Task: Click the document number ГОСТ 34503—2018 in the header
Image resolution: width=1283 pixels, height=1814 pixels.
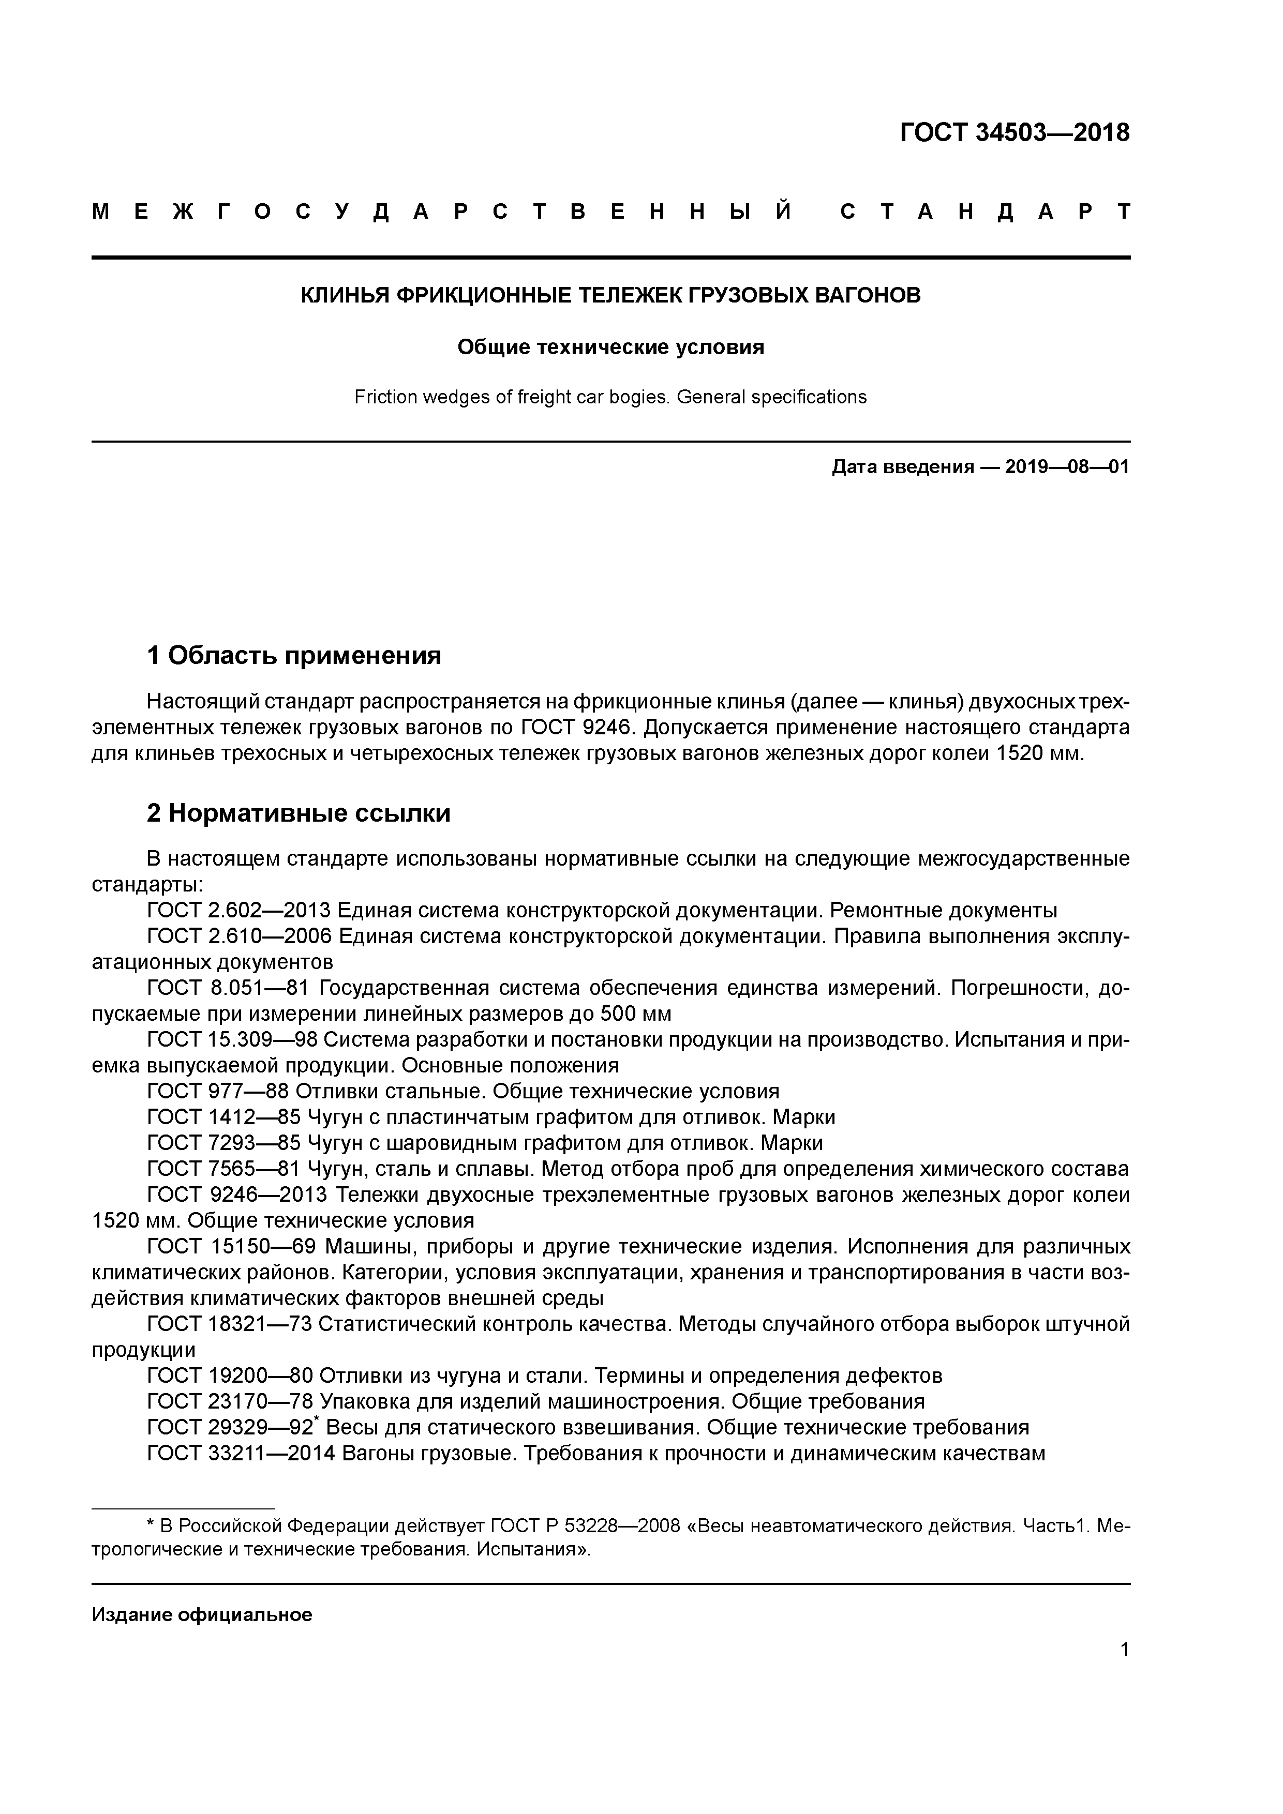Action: point(1015,133)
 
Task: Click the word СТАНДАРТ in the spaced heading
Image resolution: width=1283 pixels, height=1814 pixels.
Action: point(985,211)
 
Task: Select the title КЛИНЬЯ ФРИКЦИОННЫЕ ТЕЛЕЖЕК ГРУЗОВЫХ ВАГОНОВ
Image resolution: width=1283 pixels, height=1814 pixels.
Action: point(610,295)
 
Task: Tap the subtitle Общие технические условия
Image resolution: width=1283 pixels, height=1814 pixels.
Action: point(610,347)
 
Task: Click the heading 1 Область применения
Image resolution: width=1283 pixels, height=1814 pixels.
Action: point(293,656)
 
